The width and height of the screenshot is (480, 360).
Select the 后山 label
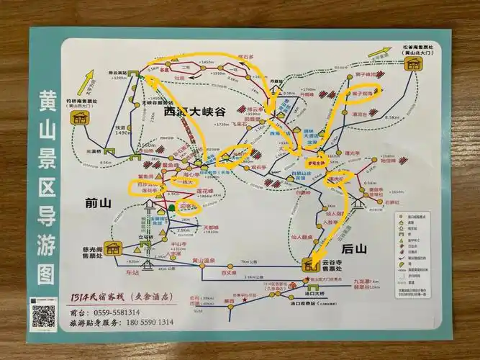[x=354, y=248]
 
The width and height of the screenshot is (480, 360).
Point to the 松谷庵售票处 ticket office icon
[x=414, y=65]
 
